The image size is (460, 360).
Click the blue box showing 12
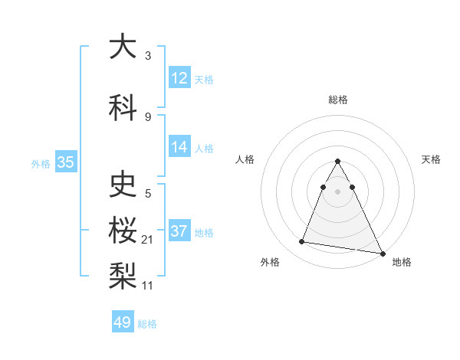coord(179,77)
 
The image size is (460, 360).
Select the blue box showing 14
coord(179,147)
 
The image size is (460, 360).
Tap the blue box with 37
coord(179,231)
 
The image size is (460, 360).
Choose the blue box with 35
coord(65,162)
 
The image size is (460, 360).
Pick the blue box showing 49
coord(123,322)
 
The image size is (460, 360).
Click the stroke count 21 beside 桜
coord(148,241)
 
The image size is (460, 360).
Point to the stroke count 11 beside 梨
coord(148,286)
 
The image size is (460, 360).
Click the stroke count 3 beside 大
coord(148,56)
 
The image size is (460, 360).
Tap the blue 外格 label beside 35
coord(41,163)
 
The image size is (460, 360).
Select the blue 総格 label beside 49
coord(147,323)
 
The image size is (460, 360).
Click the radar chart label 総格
coord(338,100)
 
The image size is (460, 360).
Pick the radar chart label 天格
coord(431,159)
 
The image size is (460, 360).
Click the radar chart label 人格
coord(245,159)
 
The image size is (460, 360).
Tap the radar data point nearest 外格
coord(302,242)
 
